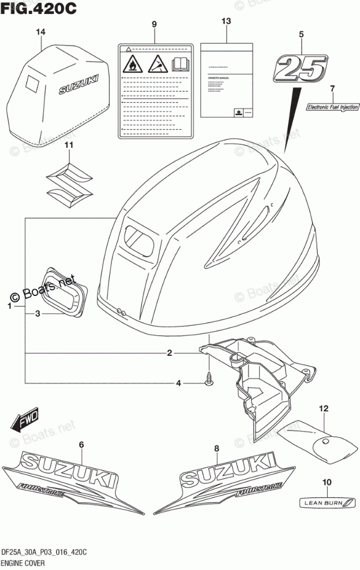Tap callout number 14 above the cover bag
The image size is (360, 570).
[39, 32]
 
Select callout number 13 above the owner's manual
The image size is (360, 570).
[226, 21]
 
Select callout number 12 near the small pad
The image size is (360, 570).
[324, 408]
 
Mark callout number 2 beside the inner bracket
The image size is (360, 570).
[170, 353]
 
